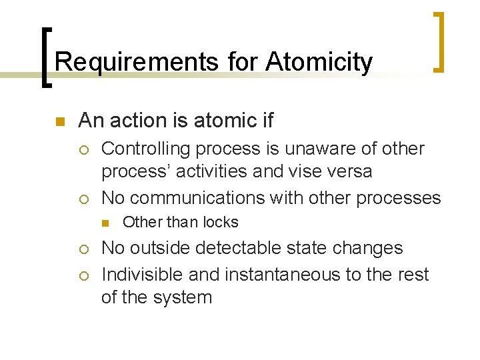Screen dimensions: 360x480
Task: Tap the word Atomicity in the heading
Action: point(319,63)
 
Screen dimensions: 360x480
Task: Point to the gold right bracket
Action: point(439,41)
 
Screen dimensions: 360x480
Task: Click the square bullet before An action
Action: point(59,121)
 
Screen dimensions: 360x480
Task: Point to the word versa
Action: point(347,171)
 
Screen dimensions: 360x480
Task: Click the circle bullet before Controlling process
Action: point(83,149)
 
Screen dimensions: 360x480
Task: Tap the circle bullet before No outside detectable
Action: point(83,249)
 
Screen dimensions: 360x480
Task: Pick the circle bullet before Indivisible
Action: point(83,275)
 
